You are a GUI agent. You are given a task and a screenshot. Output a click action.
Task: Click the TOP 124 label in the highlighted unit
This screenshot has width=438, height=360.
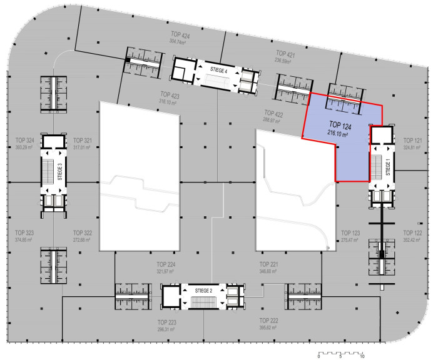coord(340,126)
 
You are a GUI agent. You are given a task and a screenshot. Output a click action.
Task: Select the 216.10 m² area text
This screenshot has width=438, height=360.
coord(337,133)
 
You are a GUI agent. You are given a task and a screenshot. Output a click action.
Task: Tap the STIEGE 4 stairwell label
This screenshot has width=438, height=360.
coord(219,70)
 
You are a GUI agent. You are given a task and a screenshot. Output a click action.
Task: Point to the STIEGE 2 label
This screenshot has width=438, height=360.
coord(203,291)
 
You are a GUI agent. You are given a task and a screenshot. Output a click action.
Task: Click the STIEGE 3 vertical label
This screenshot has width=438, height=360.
coord(59,172)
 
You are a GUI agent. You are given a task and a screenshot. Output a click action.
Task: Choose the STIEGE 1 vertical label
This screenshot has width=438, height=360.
coord(388,167)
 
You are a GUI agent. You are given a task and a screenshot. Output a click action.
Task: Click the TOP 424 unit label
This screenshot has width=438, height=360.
coord(180,35)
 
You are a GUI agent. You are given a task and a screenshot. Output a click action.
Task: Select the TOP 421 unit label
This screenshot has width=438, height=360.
coord(285,54)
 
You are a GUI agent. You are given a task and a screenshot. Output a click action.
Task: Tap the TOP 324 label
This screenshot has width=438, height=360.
coord(25,140)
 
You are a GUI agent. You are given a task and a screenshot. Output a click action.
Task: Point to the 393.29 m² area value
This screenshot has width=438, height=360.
coord(24,147)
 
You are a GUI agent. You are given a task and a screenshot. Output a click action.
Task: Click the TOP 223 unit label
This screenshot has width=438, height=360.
coord(167,322)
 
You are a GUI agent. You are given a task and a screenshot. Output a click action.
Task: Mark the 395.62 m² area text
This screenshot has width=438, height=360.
coord(268,327)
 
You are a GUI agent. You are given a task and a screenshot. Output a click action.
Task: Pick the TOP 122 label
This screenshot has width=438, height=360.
coord(412,232)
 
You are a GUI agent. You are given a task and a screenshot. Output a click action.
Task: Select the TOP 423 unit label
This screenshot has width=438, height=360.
coord(170,95)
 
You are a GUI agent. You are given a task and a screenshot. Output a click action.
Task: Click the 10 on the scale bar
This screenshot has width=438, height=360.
coord(362,356)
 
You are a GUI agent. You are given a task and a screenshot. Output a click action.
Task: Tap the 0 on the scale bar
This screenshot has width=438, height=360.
coord(318,356)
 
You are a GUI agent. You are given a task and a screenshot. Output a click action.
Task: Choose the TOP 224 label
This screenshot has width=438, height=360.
coord(166,264)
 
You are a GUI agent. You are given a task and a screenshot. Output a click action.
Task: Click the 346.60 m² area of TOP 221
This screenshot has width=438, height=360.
coord(268,271)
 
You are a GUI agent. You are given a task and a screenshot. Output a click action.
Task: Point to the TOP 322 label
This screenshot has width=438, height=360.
coord(83,232)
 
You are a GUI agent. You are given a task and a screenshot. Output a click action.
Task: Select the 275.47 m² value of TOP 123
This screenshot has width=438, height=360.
coord(349,240)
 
